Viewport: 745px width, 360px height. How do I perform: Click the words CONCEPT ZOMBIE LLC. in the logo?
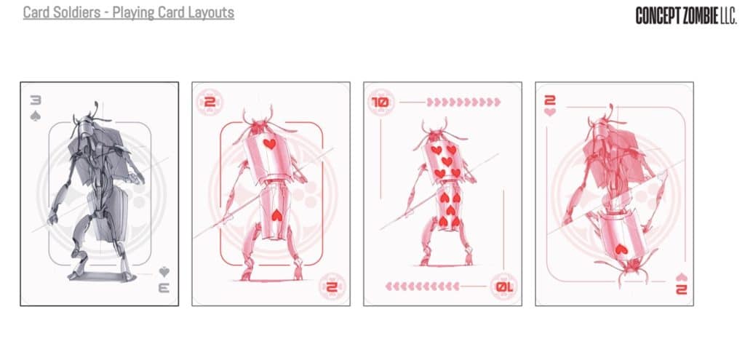(686, 16)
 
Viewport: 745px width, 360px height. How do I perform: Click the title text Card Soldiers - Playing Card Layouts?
(129, 13)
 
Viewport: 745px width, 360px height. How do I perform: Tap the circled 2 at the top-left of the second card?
(205, 103)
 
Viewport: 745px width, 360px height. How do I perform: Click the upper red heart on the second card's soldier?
(269, 144)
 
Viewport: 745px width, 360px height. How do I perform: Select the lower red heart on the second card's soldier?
(277, 215)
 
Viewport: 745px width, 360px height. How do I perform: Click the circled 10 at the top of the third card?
(379, 103)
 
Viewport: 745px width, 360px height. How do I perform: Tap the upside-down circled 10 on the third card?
(504, 286)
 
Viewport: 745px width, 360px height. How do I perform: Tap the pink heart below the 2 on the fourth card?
(549, 113)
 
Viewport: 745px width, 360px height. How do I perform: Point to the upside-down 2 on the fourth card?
(680, 289)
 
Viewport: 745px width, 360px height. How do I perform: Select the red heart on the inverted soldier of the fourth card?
(619, 249)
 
